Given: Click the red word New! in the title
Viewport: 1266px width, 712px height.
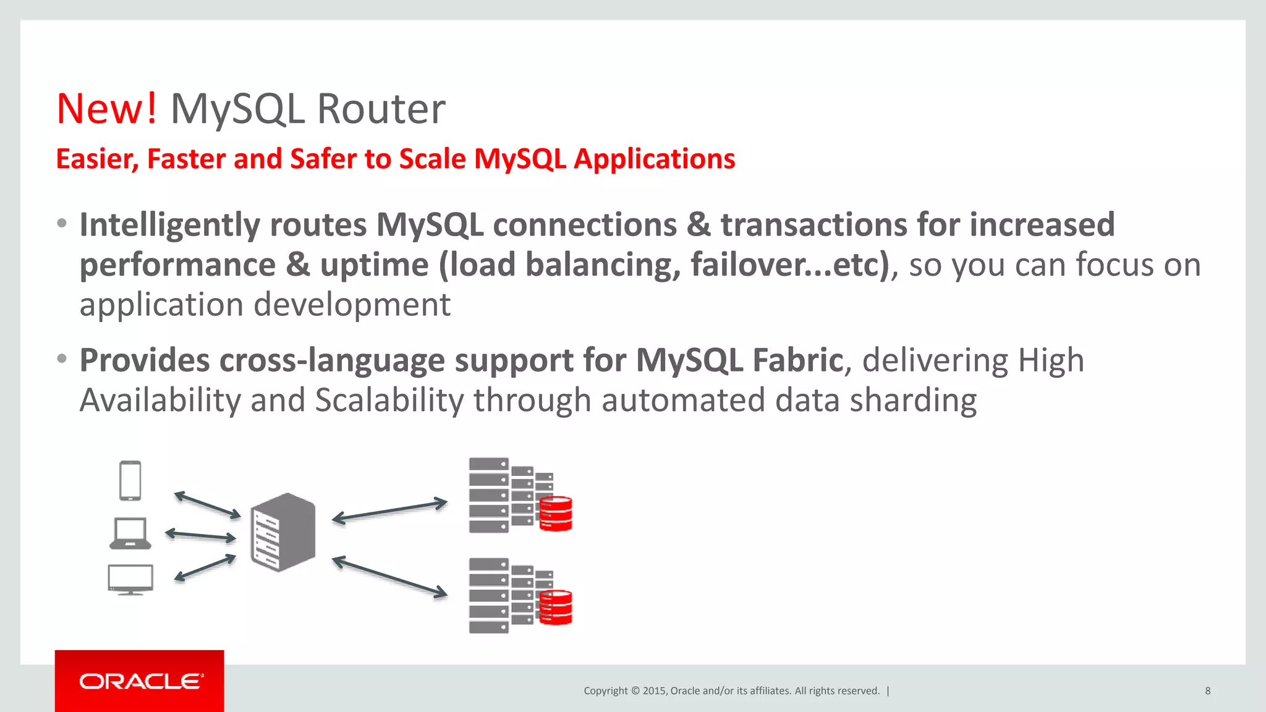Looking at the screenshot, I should pos(106,109).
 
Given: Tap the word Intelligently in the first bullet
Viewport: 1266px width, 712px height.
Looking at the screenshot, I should pos(170,225).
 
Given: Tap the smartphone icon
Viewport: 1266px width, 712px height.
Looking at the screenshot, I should pos(130,481).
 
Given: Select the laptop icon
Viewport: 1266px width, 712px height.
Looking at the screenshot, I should pos(130,533).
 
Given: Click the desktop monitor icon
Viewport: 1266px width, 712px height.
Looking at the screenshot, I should pos(130,579).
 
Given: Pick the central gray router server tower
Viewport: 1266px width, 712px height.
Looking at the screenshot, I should pos(283,533).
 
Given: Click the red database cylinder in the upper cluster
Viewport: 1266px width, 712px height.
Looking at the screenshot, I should pos(555,514).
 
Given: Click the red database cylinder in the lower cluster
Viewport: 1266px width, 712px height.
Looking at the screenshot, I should pos(555,608).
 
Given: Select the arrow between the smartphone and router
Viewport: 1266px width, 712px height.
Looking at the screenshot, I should pos(207,505).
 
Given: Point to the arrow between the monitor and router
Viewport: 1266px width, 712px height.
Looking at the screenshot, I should pos(205,567).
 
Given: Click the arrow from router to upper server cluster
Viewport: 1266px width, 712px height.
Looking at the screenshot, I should pos(389,511).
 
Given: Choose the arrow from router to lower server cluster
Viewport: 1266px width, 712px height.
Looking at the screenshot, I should pos(389,577).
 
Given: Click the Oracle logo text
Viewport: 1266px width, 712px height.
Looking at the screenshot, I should pos(141,682).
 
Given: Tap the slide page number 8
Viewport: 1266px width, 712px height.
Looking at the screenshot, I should pos(1207,691).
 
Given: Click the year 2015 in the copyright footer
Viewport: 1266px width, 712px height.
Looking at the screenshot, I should pos(653,691).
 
